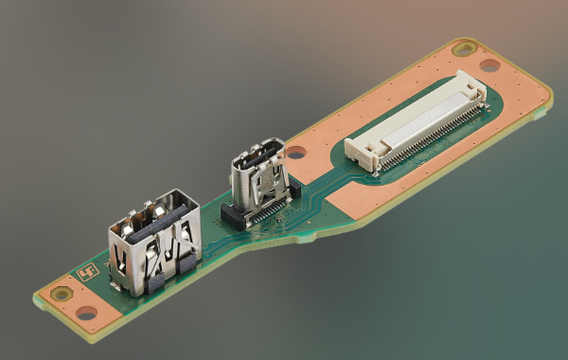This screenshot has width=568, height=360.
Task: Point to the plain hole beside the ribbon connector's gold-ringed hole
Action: point(489,65)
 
